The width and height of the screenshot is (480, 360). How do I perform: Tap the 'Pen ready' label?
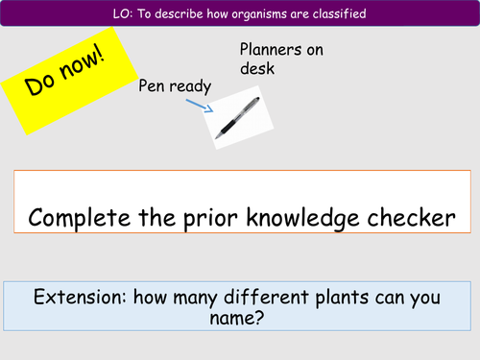[x=175, y=87]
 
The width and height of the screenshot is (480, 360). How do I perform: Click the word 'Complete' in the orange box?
[x=84, y=218]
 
